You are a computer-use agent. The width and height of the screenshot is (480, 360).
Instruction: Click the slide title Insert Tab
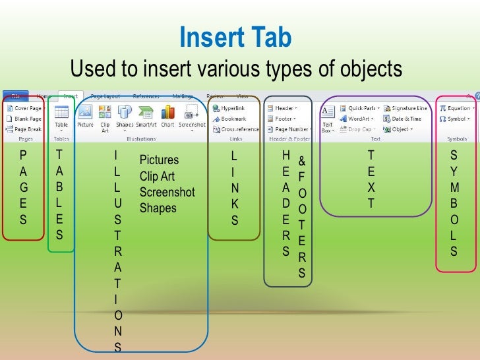(x=235, y=39)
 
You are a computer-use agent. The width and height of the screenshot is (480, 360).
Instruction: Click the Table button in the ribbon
(x=61, y=115)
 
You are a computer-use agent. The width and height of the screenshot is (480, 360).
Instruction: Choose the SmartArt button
(x=146, y=115)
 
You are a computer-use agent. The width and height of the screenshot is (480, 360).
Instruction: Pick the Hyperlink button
(x=231, y=108)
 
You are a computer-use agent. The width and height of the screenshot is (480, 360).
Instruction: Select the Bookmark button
(x=230, y=119)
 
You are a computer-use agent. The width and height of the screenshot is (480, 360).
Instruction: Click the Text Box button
(x=328, y=117)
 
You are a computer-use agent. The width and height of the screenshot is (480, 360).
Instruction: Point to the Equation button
(x=456, y=108)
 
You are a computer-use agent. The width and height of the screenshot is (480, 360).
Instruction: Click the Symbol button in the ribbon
(x=454, y=119)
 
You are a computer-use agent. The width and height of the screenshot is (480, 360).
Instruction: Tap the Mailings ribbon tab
(x=183, y=96)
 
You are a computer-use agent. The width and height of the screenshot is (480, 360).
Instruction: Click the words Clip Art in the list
(x=156, y=176)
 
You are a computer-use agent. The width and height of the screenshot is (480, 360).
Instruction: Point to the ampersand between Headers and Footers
(x=301, y=162)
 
